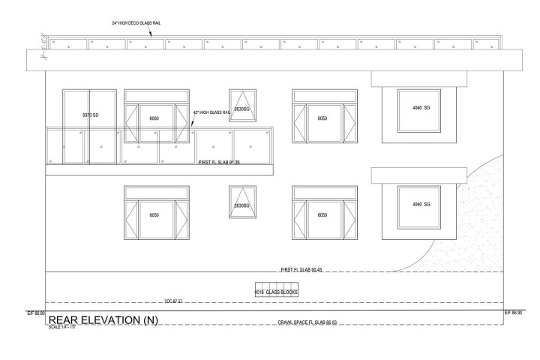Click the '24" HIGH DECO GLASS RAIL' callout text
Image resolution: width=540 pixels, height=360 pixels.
(136, 23)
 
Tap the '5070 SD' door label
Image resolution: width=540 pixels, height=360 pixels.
(90, 115)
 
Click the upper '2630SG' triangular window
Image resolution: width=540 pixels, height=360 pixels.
(241, 106)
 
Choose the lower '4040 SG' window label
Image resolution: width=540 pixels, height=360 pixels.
(421, 205)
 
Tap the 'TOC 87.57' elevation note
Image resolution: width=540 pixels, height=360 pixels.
(172, 301)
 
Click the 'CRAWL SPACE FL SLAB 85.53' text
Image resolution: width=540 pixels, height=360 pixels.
(307, 322)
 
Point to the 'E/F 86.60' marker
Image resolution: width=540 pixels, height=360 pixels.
(36, 312)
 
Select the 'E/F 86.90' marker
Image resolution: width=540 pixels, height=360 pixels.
(513, 312)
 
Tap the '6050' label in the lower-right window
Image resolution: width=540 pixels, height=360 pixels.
(322, 215)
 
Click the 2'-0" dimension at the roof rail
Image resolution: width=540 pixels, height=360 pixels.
(43, 42)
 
